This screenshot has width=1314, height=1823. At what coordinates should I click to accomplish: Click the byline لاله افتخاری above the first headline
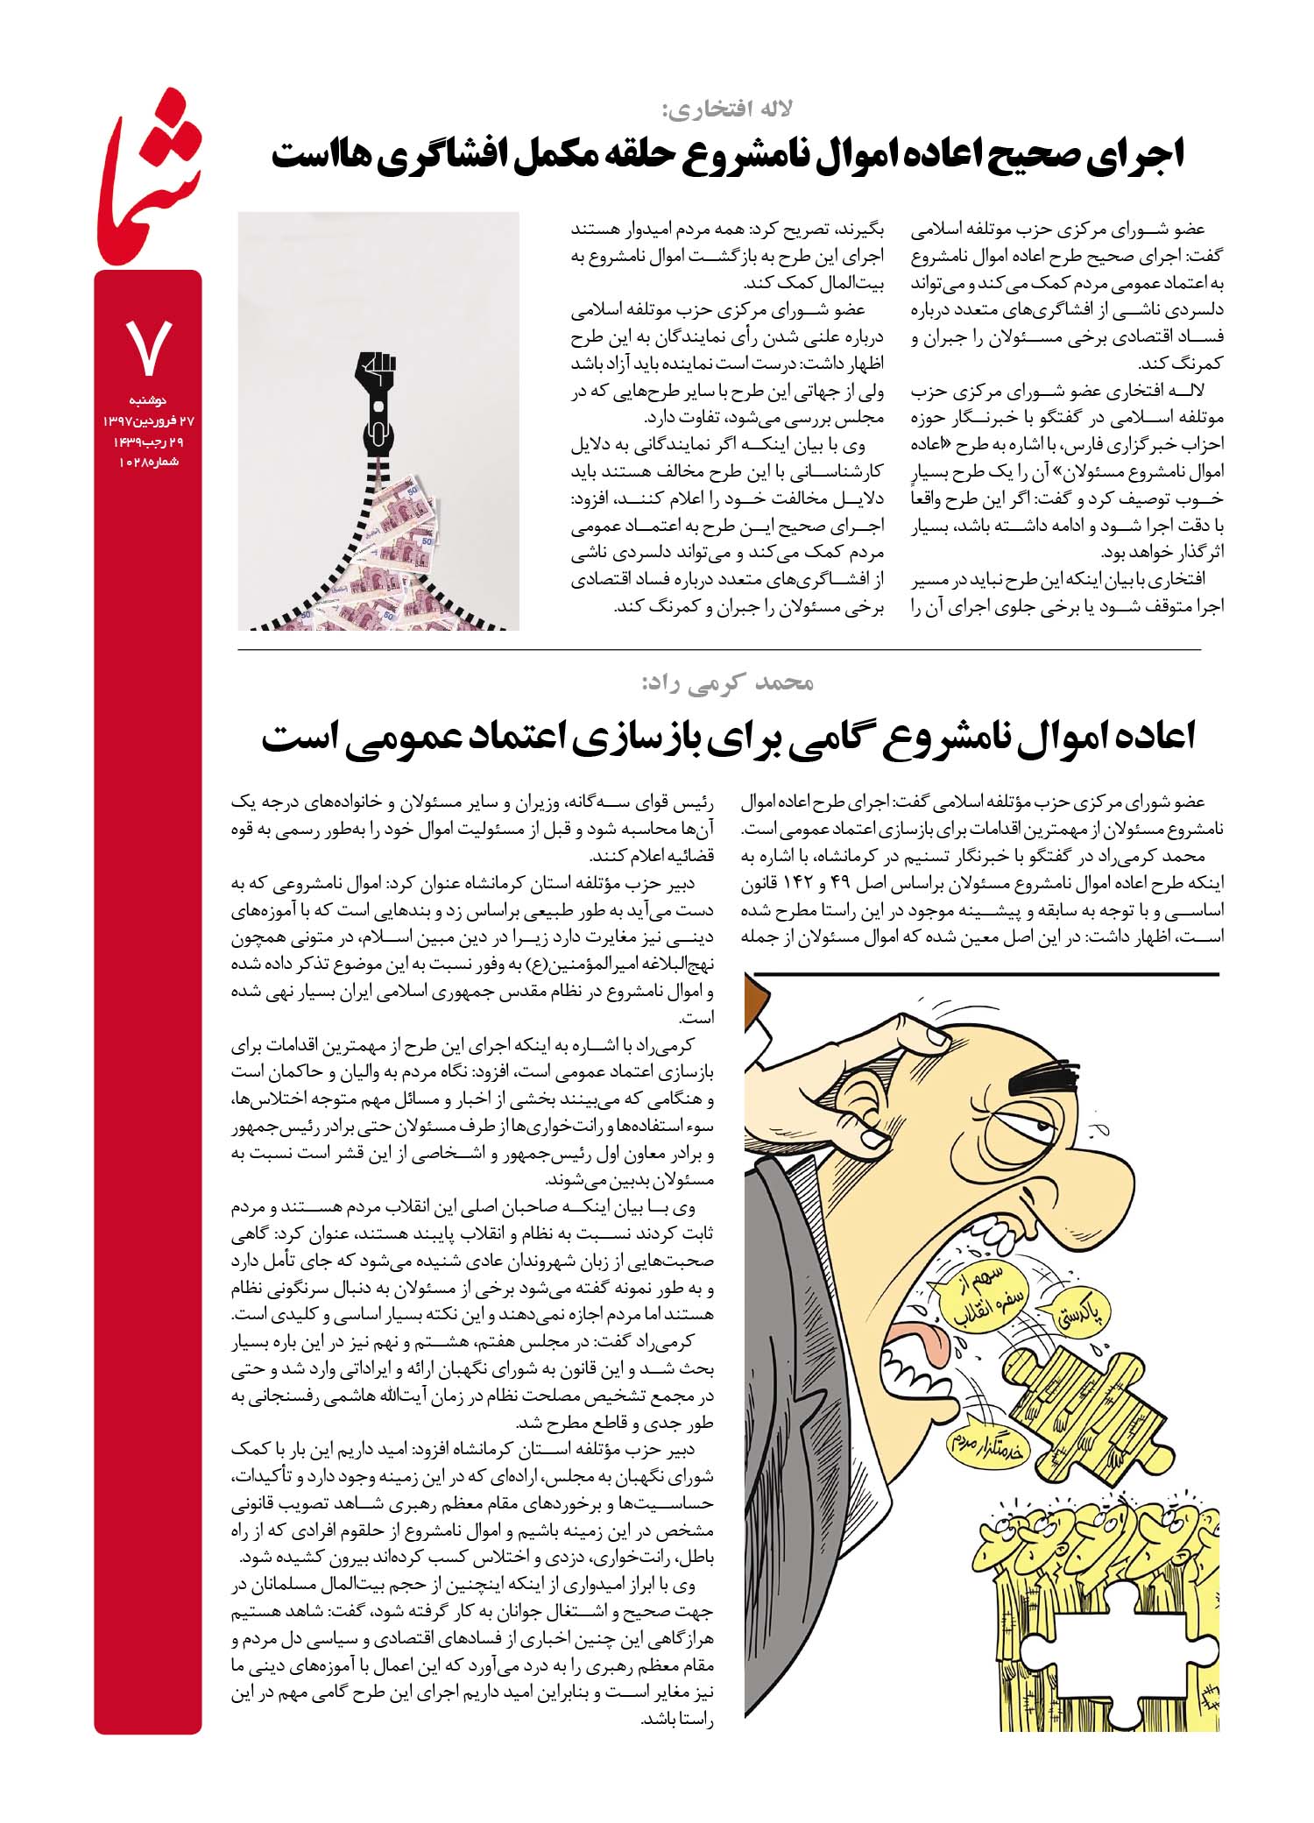click(726, 110)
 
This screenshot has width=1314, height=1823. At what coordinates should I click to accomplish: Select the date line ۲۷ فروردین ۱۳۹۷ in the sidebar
click(148, 420)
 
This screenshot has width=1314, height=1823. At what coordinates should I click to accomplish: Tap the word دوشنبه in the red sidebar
click(148, 401)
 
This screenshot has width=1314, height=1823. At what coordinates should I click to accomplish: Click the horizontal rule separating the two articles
click(718, 649)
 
